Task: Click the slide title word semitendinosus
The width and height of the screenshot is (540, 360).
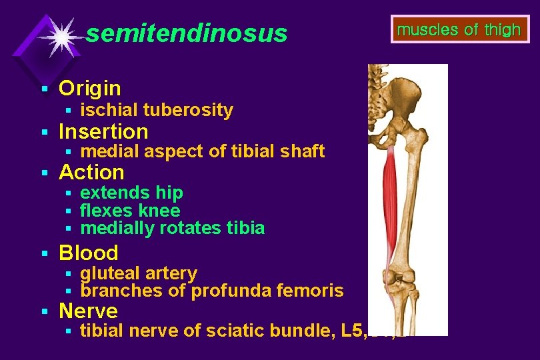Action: point(187,33)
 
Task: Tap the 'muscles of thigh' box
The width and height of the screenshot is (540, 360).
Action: point(459,30)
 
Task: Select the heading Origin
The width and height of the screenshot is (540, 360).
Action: point(90,88)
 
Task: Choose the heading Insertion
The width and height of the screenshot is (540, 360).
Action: point(103,131)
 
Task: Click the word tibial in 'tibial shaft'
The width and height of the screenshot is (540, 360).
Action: point(249,151)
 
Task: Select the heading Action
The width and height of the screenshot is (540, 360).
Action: point(91,172)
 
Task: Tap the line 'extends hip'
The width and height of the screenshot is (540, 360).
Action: point(131,193)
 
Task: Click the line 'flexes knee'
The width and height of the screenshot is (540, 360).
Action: point(130,211)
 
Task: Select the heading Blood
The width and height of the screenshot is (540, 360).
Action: point(89,253)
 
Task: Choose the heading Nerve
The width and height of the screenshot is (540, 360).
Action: point(88,311)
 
